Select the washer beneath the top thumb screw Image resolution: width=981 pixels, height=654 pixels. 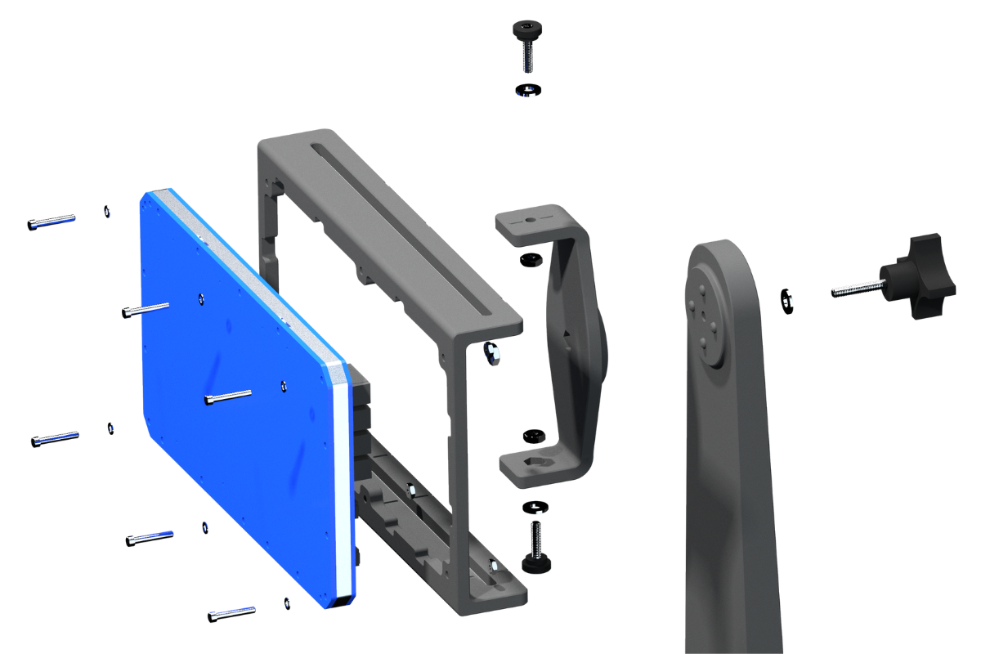coord(529,89)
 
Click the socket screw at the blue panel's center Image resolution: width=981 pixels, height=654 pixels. coord(227,397)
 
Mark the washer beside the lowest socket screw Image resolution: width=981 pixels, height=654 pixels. coord(285,602)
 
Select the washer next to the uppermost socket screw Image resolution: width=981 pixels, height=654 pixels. coord(107,212)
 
